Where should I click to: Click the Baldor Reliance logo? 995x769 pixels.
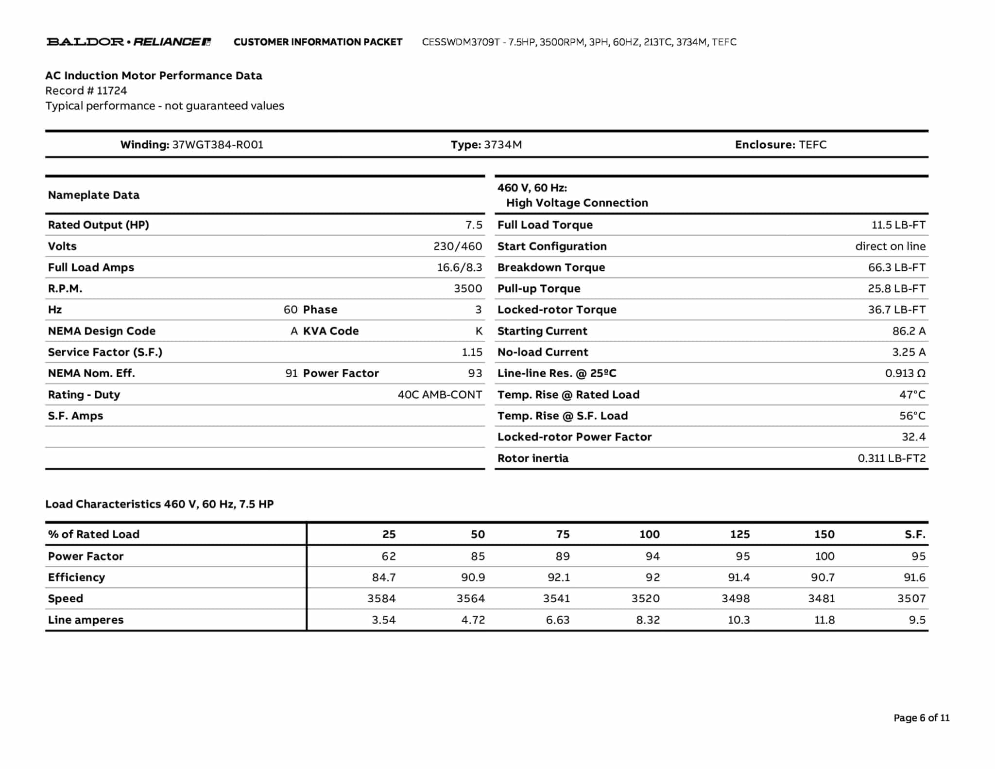[x=129, y=42]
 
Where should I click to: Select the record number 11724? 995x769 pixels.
[x=112, y=91]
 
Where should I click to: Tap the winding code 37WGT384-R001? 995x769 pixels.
[x=218, y=145]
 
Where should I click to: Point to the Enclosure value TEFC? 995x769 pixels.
[x=812, y=145]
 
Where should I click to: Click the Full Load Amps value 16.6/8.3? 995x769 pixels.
[x=459, y=267]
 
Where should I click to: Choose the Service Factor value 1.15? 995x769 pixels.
[x=472, y=352]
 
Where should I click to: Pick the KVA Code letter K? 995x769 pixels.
[x=479, y=331]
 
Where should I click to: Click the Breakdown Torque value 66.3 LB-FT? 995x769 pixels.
[x=896, y=267]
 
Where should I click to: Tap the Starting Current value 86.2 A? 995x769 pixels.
[x=909, y=331]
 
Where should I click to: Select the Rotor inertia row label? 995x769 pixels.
[x=532, y=458]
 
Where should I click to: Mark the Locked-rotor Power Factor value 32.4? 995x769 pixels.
[x=913, y=437]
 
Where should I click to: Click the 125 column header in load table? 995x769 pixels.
[x=739, y=534]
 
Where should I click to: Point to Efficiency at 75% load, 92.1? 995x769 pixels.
[x=559, y=577]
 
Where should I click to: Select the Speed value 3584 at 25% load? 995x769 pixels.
[x=381, y=598]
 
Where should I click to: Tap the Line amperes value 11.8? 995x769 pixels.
[x=824, y=620]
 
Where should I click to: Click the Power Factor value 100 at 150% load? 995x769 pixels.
[x=824, y=556]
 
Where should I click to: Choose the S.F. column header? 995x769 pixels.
[x=915, y=534]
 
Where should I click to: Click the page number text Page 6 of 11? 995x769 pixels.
[x=921, y=718]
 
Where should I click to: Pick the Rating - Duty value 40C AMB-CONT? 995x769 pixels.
[x=440, y=395]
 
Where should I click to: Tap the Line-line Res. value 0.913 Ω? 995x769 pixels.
[x=905, y=373]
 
